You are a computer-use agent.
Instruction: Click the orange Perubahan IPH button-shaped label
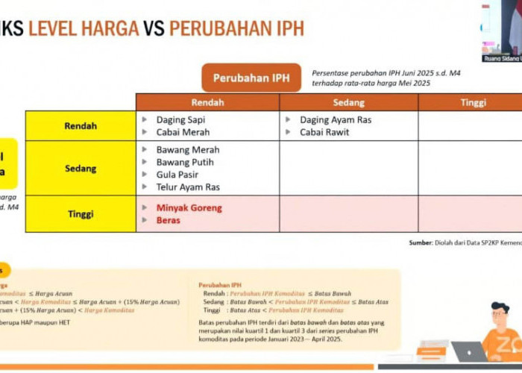251,78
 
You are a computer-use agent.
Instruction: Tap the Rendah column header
207,102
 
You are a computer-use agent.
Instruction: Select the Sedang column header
349,102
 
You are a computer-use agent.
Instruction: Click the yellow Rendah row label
81,126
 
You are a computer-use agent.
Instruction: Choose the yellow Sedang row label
81,169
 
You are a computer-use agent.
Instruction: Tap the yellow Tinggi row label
81,214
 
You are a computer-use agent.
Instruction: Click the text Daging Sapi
180,119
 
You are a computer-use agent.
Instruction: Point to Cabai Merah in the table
183,132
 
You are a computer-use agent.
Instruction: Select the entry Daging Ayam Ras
336,119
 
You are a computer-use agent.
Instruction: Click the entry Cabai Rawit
324,132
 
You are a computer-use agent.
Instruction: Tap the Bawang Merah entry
188,150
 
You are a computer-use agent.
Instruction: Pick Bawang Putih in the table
185,162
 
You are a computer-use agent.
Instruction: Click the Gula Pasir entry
177,175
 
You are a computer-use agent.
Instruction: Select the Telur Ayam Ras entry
188,187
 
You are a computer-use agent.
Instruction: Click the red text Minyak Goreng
189,208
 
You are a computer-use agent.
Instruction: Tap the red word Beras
169,221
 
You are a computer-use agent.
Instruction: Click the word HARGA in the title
111,28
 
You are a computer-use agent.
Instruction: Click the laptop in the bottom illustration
468,351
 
